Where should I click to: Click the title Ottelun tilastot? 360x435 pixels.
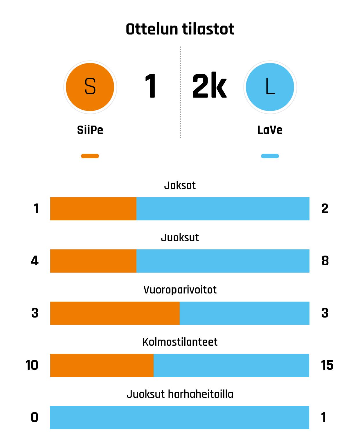[x=180, y=29]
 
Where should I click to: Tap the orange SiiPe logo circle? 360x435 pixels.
[x=90, y=87]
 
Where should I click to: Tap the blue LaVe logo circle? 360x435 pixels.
[x=270, y=87]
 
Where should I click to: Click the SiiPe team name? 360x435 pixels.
[x=90, y=130]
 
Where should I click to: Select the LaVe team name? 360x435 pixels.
[x=270, y=130]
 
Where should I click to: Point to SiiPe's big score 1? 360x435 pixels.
[x=151, y=86]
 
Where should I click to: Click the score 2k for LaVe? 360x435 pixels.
[x=209, y=86]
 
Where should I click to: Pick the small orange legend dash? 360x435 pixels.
[x=90, y=156]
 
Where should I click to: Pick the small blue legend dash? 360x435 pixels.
[x=270, y=156]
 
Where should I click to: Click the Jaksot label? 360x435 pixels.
[x=180, y=185]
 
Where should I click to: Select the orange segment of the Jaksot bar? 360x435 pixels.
[x=93, y=209]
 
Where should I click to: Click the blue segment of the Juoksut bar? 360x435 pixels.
[x=223, y=261]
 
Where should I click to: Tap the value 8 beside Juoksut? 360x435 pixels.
[x=325, y=261]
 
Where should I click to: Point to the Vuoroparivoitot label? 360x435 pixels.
[x=180, y=290]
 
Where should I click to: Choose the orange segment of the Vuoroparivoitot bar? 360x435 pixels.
[x=115, y=313]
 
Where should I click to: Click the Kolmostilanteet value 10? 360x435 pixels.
[x=32, y=365]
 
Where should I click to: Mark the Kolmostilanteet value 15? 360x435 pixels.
[x=327, y=365]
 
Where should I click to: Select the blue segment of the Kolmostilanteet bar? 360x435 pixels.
[x=231, y=365]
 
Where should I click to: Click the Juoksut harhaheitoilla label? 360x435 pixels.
[x=180, y=394]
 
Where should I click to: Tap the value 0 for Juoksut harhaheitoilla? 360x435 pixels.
[x=35, y=418]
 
